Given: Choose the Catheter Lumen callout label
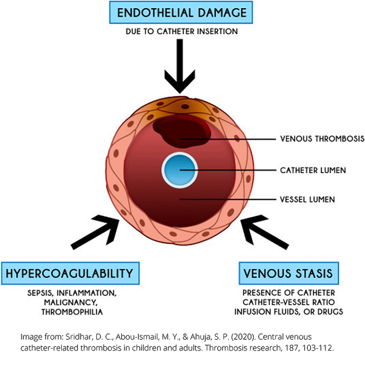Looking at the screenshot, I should [x=313, y=170].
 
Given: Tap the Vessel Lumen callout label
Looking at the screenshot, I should [x=307, y=200].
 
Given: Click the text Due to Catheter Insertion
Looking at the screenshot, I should [x=182, y=32].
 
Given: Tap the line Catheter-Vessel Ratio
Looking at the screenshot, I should [x=289, y=302].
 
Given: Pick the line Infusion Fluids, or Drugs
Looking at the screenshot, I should [x=289, y=312].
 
